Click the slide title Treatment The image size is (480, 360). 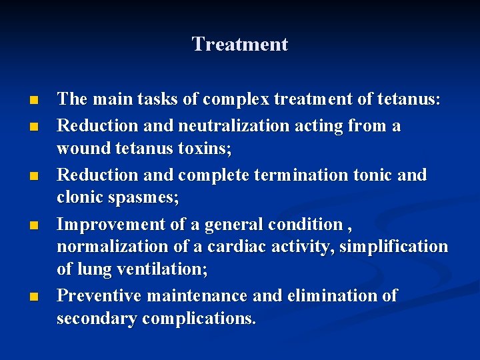point(239,45)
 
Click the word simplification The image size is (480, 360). point(393,247)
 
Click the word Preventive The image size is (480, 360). point(99,295)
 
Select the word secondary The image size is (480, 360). point(97,319)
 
